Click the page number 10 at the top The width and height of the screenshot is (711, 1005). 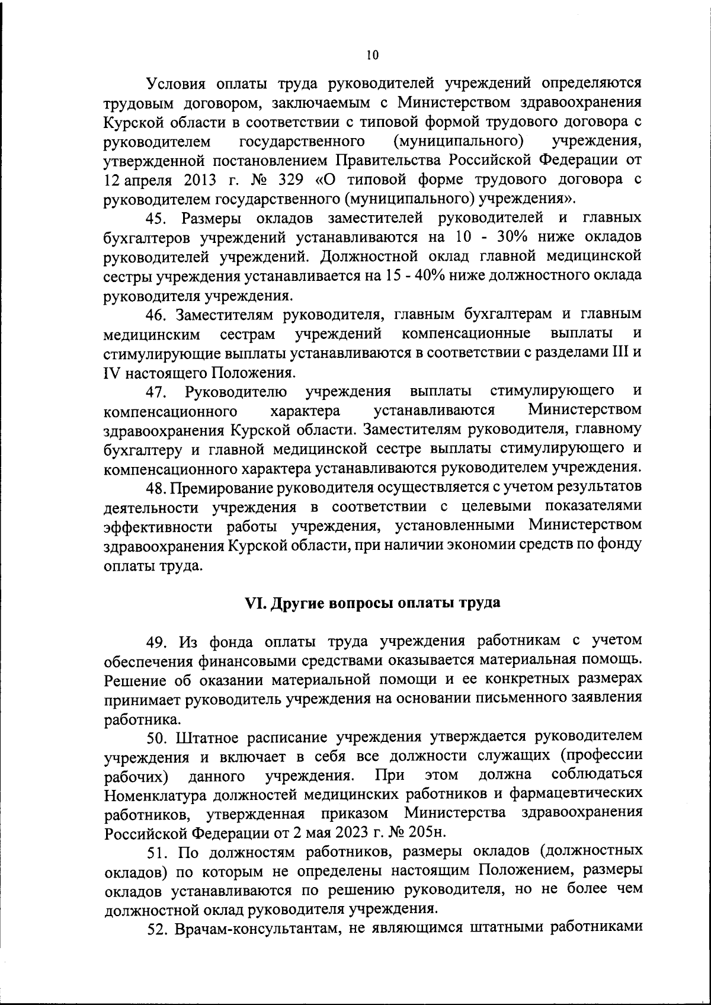pyautogui.click(x=371, y=56)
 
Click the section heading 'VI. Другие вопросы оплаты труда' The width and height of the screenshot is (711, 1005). pyautogui.click(x=373, y=603)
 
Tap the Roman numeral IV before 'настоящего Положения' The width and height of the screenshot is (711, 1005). pyautogui.click(x=111, y=373)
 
